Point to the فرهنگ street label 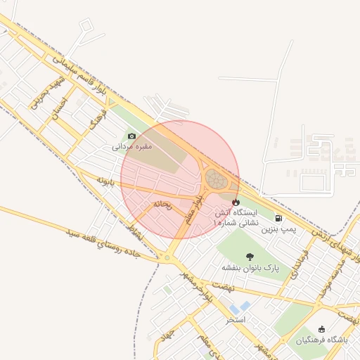click(x=96, y=122)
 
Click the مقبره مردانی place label click(x=131, y=148)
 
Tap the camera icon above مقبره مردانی click(x=131, y=136)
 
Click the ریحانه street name click(x=162, y=205)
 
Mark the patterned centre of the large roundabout click(x=217, y=180)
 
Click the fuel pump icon click(x=279, y=218)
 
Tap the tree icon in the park click(x=250, y=257)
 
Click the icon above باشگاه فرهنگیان click(x=322, y=329)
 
